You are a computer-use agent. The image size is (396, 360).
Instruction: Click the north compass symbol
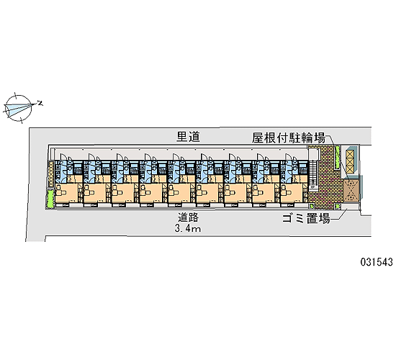(x=19, y=108)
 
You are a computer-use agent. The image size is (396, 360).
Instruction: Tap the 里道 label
(x=188, y=137)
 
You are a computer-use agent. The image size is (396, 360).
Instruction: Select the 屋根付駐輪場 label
(x=288, y=138)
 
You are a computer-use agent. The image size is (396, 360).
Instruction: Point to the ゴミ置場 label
(x=306, y=218)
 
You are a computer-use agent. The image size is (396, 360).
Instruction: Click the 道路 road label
(x=188, y=217)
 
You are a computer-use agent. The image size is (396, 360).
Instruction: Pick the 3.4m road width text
(x=188, y=229)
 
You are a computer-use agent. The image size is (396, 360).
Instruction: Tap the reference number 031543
(x=377, y=262)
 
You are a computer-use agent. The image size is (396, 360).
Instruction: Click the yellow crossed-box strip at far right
(x=351, y=162)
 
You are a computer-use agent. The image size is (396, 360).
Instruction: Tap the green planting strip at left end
(x=50, y=198)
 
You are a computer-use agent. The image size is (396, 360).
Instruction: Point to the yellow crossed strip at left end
(x=51, y=174)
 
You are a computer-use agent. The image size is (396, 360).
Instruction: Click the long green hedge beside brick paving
(x=337, y=158)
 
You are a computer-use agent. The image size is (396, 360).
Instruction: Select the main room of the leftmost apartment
(x=67, y=193)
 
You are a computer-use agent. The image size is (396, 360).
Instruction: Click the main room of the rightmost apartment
(x=292, y=193)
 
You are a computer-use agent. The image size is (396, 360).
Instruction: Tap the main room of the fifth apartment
(x=179, y=193)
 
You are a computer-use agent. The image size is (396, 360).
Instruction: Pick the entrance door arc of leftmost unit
(x=63, y=156)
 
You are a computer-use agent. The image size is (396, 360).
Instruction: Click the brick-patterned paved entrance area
(x=325, y=177)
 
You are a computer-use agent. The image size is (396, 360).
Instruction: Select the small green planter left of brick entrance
(x=312, y=206)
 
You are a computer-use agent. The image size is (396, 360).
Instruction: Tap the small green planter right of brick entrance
(x=337, y=206)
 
